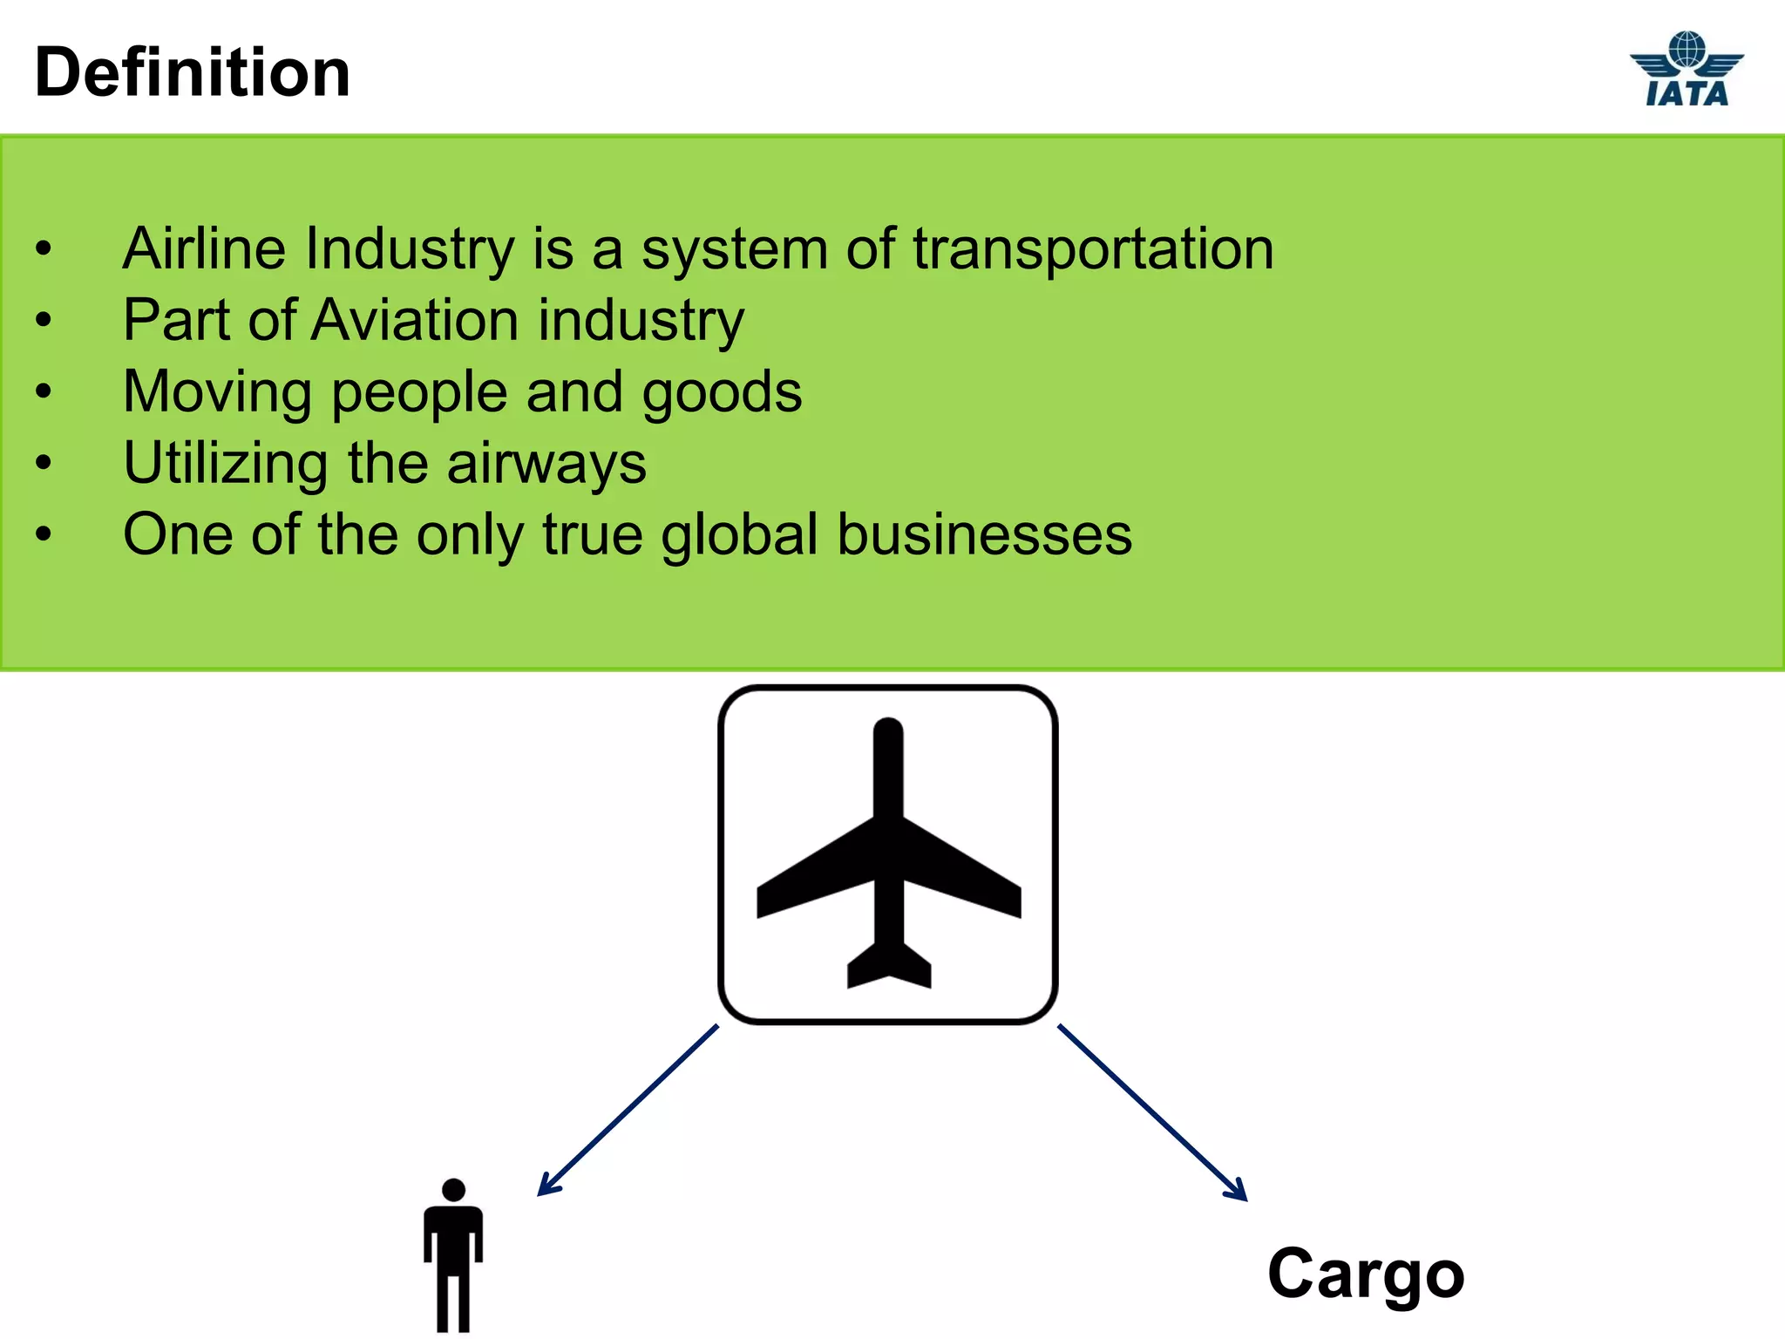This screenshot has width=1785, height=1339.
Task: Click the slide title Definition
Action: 192,72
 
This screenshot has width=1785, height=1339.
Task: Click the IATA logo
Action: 1687,70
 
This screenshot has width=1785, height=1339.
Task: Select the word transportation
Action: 1093,250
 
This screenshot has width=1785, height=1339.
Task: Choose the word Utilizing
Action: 226,464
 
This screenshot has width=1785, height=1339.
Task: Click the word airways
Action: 546,465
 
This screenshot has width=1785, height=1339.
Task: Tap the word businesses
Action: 984,534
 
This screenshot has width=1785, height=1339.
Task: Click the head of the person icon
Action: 453,1190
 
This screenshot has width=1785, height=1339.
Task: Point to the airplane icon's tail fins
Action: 888,968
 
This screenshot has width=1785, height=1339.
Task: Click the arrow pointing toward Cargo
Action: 1152,1112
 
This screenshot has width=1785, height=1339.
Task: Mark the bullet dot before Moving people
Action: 44,391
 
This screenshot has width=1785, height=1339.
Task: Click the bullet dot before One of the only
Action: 44,534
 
